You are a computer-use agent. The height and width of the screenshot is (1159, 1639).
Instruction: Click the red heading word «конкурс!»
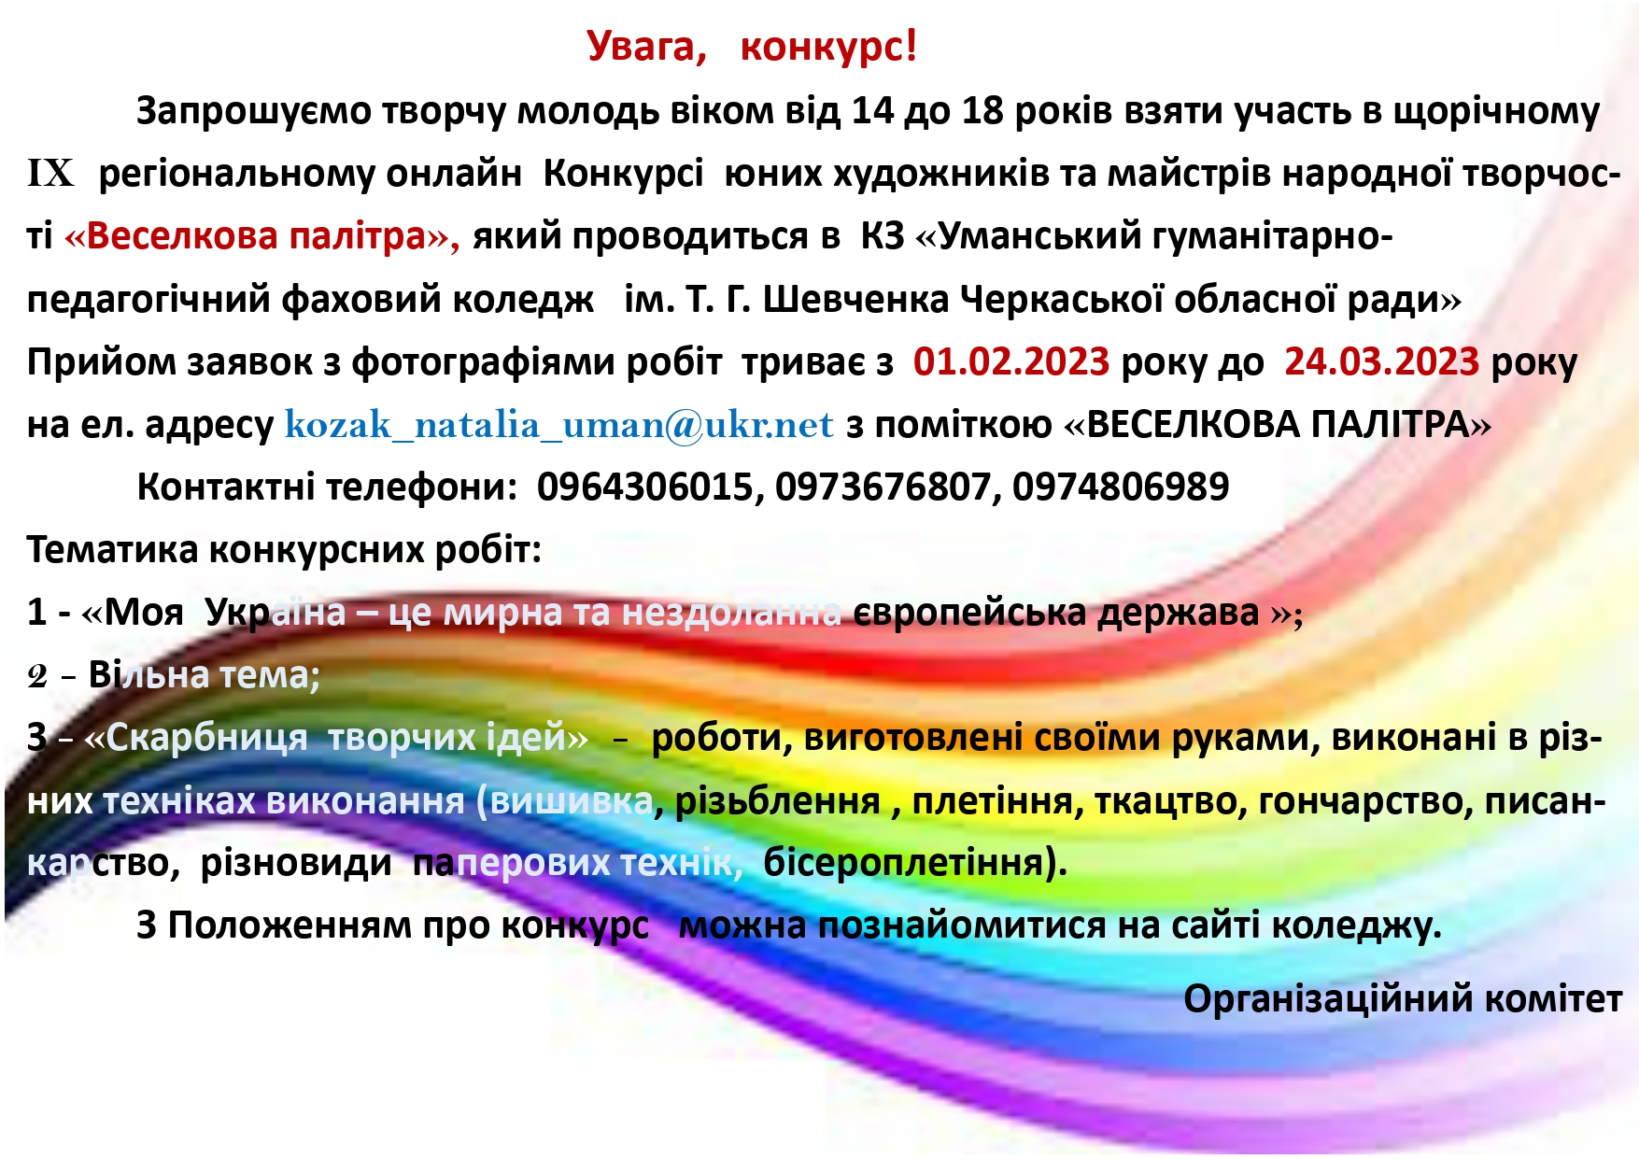(x=828, y=47)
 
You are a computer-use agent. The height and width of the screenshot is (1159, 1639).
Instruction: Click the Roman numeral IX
(x=50, y=174)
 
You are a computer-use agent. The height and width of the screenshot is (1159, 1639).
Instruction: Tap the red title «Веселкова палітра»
(x=261, y=236)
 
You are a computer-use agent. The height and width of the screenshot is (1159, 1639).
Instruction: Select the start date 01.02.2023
(x=1011, y=361)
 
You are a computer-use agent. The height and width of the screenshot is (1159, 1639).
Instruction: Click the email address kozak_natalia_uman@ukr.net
(x=558, y=425)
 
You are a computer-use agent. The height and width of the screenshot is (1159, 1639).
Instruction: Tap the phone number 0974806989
(x=1121, y=488)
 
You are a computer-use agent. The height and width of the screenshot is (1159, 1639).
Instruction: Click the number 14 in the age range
(x=872, y=111)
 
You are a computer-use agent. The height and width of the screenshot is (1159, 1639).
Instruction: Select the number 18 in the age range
(x=982, y=111)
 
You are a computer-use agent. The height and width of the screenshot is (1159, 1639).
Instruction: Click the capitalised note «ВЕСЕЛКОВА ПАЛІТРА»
(x=1278, y=425)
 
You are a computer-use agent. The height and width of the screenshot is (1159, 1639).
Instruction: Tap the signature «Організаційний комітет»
(x=1403, y=999)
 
